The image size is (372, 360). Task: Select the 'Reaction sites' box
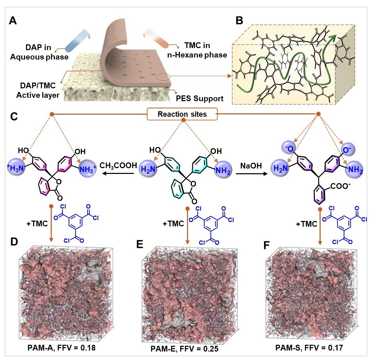[x=182, y=114]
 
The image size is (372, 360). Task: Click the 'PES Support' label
[x=200, y=98]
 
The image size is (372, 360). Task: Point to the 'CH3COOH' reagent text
[x=118, y=165]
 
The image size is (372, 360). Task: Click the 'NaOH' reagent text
[x=251, y=165]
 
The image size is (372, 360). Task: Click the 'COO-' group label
[x=340, y=186]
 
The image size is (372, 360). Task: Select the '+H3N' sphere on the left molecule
[x=16, y=168]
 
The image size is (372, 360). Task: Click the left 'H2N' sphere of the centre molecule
[x=148, y=169]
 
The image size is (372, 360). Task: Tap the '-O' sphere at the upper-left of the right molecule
[x=289, y=148]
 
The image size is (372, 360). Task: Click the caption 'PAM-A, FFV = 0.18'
[x=62, y=348]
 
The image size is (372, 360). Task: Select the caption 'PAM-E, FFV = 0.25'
[x=185, y=349]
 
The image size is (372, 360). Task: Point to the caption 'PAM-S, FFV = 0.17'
[x=309, y=348]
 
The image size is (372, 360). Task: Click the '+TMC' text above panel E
[x=173, y=224]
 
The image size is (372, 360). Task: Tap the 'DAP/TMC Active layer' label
[x=38, y=90]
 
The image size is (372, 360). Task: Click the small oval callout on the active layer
[x=163, y=77]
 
